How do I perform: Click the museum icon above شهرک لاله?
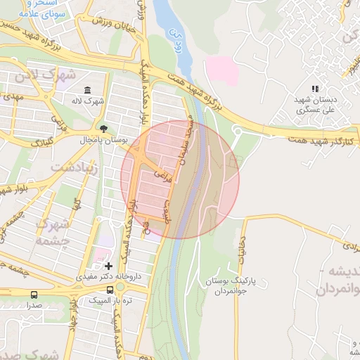tap(87, 90)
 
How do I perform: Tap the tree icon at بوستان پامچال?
tap(104, 128)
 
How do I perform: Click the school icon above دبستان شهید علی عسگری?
tap(315, 89)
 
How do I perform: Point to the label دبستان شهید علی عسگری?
tap(314, 105)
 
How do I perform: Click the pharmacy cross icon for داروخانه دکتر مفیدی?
tap(108, 266)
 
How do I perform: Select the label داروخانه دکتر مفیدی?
tap(112, 277)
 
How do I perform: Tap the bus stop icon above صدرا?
tap(34, 295)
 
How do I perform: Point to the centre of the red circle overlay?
tap(180, 179)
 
